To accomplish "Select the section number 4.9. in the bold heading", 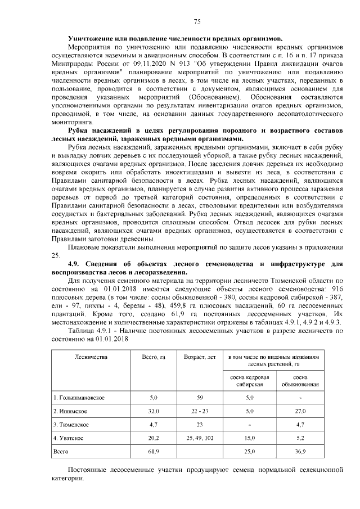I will [x=75, y=263].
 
